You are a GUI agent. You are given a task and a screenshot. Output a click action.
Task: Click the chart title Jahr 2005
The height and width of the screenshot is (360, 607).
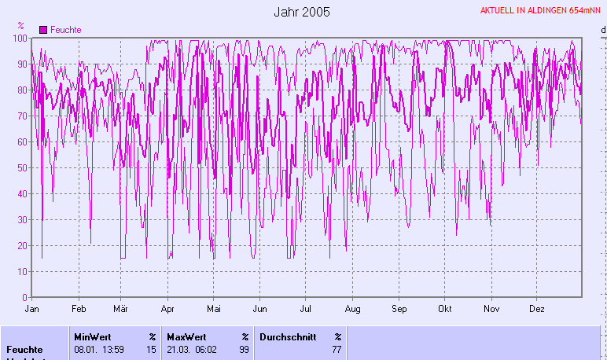click(x=302, y=12)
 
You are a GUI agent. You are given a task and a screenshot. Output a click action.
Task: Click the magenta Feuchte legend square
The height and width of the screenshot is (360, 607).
click(x=43, y=29)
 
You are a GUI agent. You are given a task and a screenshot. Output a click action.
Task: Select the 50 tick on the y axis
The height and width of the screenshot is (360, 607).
click(x=23, y=168)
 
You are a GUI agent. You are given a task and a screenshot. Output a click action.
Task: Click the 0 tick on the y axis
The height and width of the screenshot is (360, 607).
click(x=25, y=298)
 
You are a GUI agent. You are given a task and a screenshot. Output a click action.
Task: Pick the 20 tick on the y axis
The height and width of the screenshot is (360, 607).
click(x=23, y=246)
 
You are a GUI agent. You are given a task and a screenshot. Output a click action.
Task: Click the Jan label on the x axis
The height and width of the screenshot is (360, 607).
click(x=32, y=309)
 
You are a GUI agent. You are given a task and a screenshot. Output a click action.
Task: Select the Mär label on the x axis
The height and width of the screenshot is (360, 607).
click(x=121, y=309)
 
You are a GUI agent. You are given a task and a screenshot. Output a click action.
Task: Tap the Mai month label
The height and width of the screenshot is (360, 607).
click(x=214, y=309)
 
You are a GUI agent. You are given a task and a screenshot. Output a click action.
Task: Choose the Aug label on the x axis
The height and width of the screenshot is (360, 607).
click(x=353, y=309)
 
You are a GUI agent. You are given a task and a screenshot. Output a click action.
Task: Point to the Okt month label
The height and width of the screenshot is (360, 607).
click(x=446, y=309)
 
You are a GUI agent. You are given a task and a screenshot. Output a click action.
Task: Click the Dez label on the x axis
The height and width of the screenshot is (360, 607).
click(x=537, y=309)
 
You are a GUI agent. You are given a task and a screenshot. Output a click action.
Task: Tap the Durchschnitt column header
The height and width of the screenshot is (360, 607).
click(x=287, y=336)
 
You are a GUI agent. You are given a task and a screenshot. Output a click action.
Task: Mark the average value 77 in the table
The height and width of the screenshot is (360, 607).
click(x=337, y=349)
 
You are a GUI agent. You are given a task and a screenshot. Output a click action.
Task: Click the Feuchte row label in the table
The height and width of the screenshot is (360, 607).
click(x=24, y=349)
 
